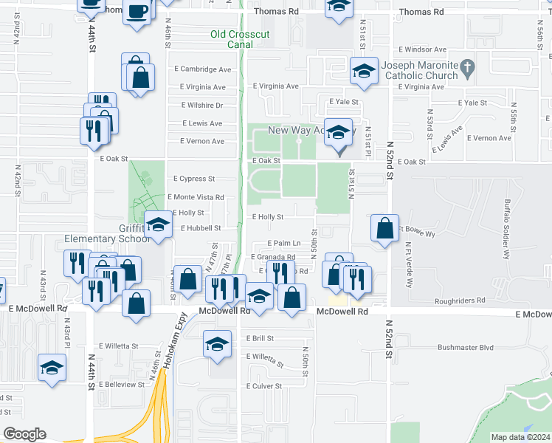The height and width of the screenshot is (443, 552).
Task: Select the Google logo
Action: tap(25, 433)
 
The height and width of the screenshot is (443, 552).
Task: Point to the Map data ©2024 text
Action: tap(520, 437)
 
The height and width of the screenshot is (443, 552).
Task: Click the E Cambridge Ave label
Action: tap(203, 69)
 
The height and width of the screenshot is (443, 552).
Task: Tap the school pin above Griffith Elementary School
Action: tap(157, 224)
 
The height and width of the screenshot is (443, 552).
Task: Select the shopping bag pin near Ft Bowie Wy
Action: tap(385, 228)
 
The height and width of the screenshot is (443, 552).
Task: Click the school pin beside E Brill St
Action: tap(216, 345)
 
